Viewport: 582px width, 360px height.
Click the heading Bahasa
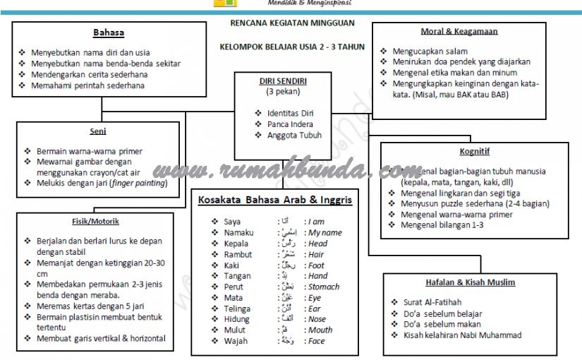click(x=109, y=33)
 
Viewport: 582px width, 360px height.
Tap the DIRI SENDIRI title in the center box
click(x=282, y=81)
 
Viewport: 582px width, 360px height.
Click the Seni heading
click(x=98, y=132)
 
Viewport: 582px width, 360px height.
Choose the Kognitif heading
click(x=474, y=151)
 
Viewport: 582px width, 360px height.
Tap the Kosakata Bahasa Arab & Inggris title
click(x=275, y=200)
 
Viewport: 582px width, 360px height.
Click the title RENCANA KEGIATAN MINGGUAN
click(x=293, y=23)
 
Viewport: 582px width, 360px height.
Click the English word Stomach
click(x=324, y=287)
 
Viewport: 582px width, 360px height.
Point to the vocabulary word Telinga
click(x=237, y=308)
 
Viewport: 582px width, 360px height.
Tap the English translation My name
click(x=325, y=233)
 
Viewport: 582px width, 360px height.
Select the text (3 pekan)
click(x=282, y=92)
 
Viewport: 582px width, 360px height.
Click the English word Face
click(x=317, y=341)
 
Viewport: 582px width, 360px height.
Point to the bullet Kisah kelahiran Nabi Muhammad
click(x=462, y=335)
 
